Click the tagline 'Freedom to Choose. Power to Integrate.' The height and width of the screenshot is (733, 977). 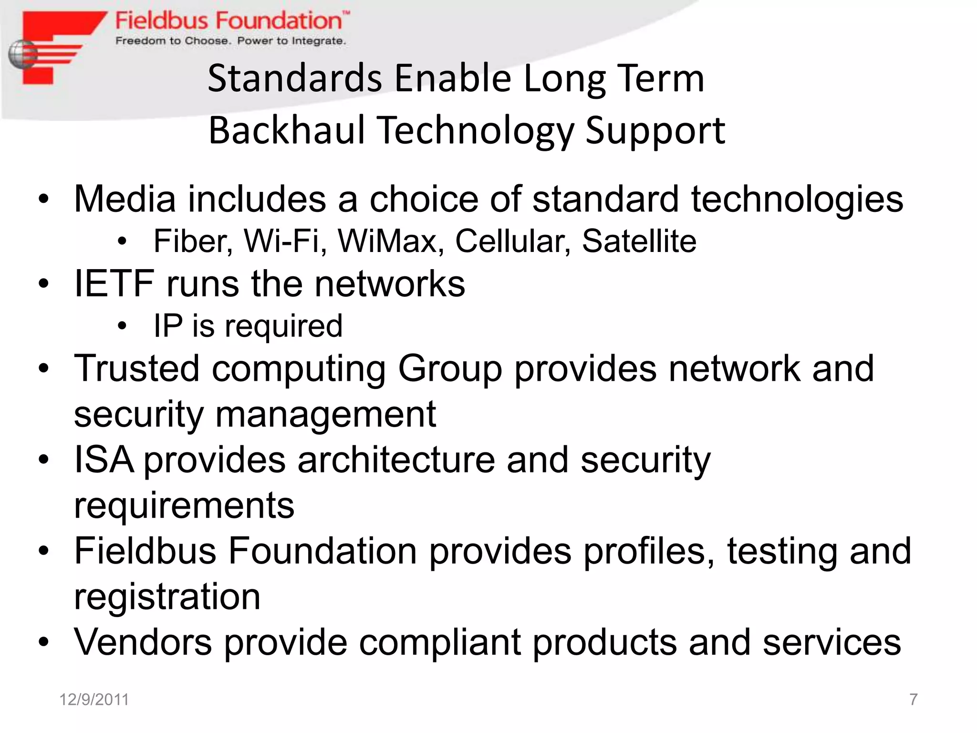click(230, 41)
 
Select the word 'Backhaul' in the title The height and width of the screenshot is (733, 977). click(286, 130)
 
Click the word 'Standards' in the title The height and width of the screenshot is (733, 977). click(295, 78)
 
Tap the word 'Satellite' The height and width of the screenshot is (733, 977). click(639, 241)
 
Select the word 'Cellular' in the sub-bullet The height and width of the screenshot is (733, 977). click(512, 241)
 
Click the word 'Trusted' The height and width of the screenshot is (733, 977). click(136, 369)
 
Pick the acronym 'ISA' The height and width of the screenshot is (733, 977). click(104, 460)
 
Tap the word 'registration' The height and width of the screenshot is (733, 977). click(167, 597)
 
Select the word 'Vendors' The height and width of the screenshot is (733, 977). click(143, 642)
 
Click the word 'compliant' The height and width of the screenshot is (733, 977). click(439, 642)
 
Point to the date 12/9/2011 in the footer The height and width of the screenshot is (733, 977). click(94, 700)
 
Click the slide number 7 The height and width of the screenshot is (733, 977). click(913, 700)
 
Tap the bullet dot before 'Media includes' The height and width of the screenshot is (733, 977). click(44, 199)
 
